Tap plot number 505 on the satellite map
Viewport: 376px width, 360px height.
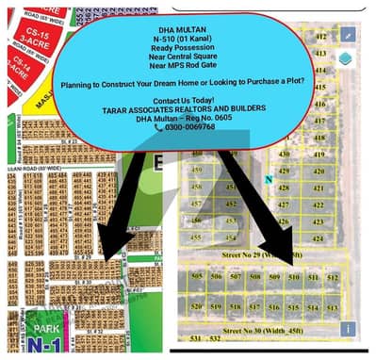[x=197, y=277]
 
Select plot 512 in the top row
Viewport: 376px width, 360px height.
[x=332, y=278]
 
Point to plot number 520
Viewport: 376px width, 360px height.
[x=197, y=307]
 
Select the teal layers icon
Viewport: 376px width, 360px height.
[x=347, y=57]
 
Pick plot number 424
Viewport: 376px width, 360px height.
[x=319, y=238]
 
